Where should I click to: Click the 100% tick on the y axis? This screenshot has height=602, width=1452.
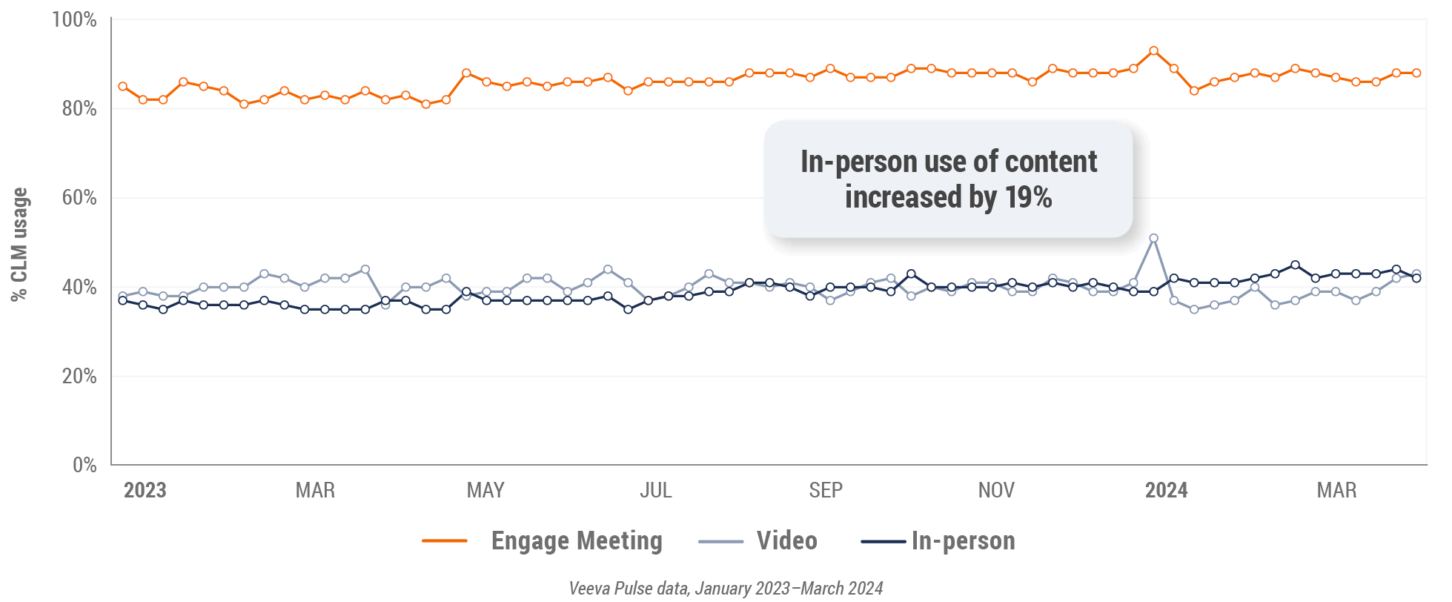tap(74, 20)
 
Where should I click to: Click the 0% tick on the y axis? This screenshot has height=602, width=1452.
tap(84, 465)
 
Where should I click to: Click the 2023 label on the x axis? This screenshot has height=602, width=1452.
tap(145, 490)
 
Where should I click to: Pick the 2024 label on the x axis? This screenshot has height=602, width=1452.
tap(1167, 490)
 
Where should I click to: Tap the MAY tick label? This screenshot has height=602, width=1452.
tap(485, 490)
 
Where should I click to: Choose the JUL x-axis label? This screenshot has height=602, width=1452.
tap(655, 490)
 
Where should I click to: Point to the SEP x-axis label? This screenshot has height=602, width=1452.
tap(826, 490)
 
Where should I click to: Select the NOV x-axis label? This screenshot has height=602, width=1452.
tap(996, 490)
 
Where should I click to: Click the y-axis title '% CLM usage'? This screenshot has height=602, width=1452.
tap(20, 244)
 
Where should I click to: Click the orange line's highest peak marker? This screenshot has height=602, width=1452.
tap(1153, 51)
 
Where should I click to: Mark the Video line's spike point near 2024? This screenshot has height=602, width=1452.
tap(1153, 238)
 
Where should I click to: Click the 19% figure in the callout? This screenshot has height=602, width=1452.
tap(1028, 198)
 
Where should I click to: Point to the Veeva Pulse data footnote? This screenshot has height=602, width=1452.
tap(726, 589)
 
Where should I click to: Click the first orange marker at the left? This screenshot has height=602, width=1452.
tap(123, 86)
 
